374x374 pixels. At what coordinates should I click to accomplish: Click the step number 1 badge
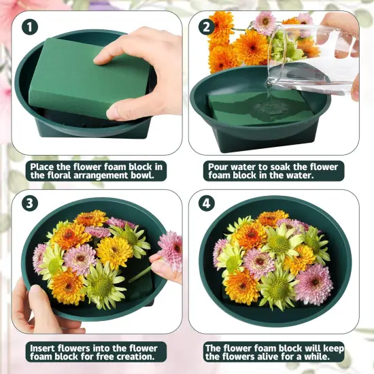tap(29, 27)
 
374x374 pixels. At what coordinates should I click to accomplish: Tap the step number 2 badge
tap(205, 27)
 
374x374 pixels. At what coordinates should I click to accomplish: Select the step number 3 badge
tap(29, 203)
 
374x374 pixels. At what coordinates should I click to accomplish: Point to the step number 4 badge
tap(205, 203)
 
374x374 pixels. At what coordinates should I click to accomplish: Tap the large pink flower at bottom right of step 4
tap(313, 284)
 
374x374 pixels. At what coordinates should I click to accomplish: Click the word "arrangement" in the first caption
tap(105, 175)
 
